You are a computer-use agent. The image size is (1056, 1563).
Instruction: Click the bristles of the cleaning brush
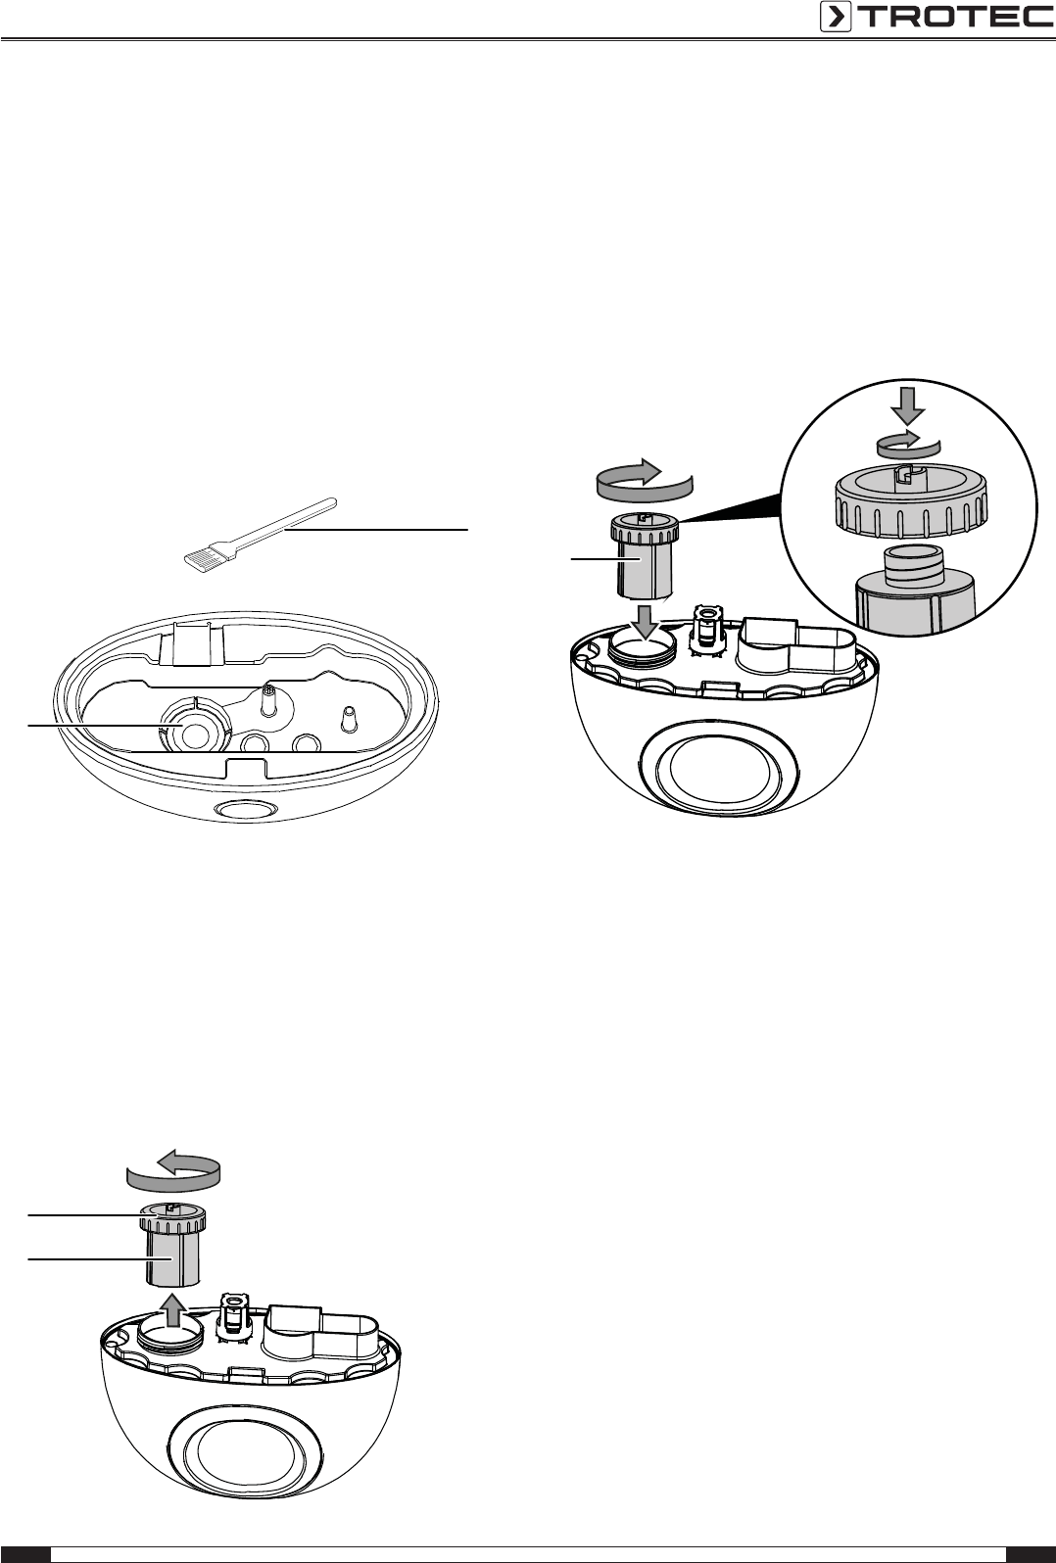point(201,556)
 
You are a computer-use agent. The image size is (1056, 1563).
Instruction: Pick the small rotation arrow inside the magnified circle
point(909,446)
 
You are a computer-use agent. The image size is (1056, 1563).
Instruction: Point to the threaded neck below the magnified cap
point(914,567)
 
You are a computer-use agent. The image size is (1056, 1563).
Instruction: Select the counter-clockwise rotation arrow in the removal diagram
point(173,1173)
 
